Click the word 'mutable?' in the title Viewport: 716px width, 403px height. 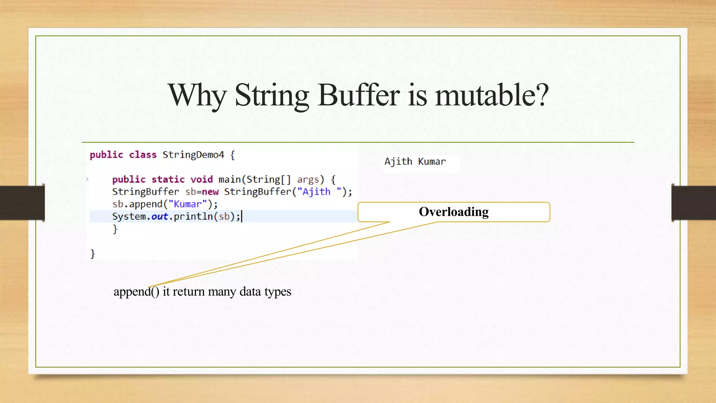(492, 95)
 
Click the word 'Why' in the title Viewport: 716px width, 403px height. (198, 95)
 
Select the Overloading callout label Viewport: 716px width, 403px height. (453, 212)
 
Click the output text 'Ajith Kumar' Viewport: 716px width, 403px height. (415, 162)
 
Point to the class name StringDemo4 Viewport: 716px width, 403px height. (193, 155)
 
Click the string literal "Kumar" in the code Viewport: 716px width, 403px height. (188, 204)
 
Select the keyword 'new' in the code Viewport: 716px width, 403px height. (210, 192)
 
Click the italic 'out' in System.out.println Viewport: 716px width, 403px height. (159, 217)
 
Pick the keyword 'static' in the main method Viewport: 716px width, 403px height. (168, 179)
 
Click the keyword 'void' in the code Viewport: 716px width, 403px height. (201, 179)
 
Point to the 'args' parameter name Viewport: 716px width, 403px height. (308, 179)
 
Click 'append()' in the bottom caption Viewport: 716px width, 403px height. (136, 291)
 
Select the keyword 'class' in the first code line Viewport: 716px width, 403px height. (143, 155)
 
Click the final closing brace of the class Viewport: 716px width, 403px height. (93, 254)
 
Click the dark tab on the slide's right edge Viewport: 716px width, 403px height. (694, 203)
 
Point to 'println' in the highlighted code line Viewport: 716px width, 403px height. (193, 217)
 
